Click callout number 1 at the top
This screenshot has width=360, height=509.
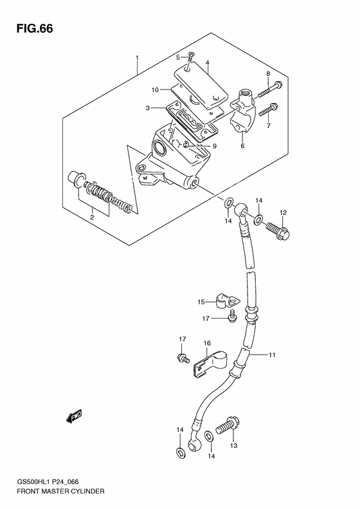point(137,58)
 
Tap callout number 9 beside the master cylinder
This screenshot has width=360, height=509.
point(215,146)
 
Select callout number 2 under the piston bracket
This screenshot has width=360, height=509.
point(91,217)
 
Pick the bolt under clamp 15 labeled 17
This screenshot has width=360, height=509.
point(233,315)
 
